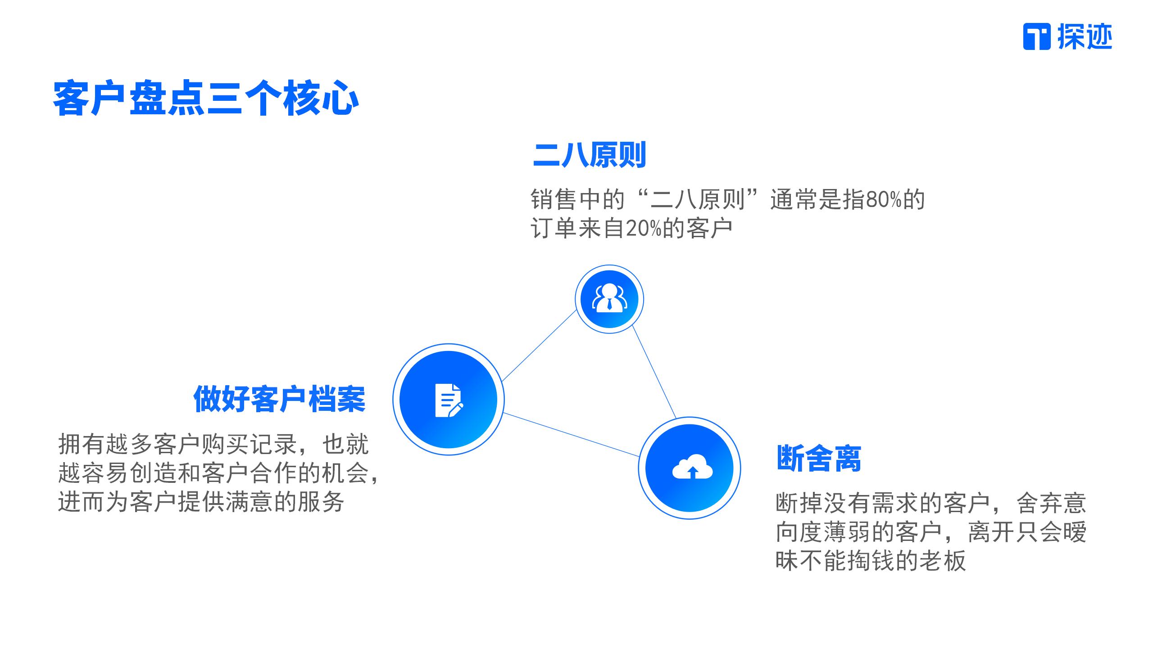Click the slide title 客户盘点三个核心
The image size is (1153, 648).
pyautogui.click(x=206, y=98)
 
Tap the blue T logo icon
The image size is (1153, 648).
pyautogui.click(x=1037, y=36)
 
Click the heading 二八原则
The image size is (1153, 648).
pyautogui.click(x=589, y=155)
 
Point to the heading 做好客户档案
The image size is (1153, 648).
pyautogui.click(x=279, y=399)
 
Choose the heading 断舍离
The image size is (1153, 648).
pyautogui.click(x=819, y=459)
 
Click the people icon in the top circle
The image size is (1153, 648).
pyautogui.click(x=609, y=298)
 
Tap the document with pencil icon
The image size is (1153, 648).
pyautogui.click(x=449, y=400)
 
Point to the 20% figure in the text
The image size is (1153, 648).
pyautogui.click(x=643, y=229)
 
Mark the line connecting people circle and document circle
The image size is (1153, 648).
pyautogui.click(x=539, y=346)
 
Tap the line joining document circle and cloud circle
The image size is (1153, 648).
pyautogui.click(x=571, y=435)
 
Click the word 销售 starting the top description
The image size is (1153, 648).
pyautogui.click(x=554, y=200)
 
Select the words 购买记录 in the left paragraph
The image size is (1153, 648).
pyautogui.click(x=249, y=445)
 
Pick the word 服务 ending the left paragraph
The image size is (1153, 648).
pyautogui.click(x=321, y=502)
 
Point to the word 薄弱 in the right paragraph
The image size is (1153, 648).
pyautogui.click(x=847, y=532)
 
